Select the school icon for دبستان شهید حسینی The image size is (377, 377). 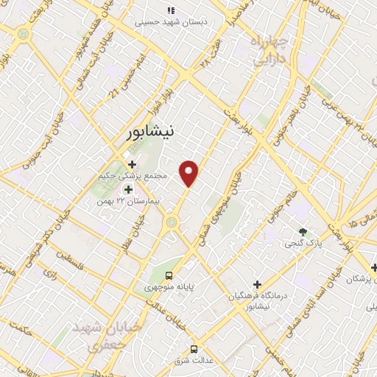pyautogui.click(x=171, y=10)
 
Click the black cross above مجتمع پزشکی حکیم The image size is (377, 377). pyautogui.click(x=132, y=164)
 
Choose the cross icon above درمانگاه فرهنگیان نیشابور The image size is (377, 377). pyautogui.click(x=257, y=284)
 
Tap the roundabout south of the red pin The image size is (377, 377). pyautogui.click(x=172, y=221)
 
